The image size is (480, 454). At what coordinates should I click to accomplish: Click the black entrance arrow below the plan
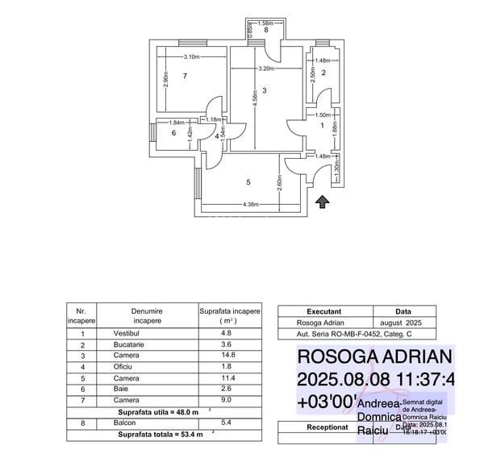coord(322,202)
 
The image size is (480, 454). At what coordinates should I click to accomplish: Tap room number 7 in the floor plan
coord(185,76)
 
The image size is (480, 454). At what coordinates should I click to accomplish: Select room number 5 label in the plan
coord(248,182)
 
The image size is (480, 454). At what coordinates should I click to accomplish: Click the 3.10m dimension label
coord(191,56)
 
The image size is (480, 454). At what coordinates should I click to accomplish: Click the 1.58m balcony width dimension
coord(265,23)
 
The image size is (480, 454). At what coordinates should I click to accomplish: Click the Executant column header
coord(324,310)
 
